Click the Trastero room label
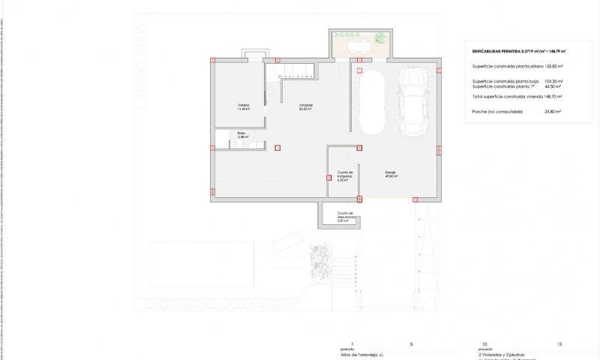point(243,106)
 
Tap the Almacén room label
point(305,106)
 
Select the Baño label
point(242,135)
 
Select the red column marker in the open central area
point(278,147)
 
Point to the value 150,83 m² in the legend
point(553,67)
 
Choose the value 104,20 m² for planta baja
point(553,81)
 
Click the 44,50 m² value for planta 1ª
point(553,86)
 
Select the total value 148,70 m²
point(553,97)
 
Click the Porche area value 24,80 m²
point(553,111)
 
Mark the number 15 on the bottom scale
point(559,343)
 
